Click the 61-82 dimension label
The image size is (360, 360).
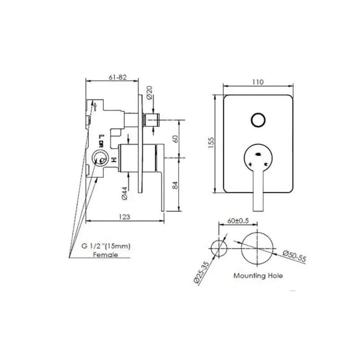pos(117,77)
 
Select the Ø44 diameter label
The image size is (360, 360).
pos(125,193)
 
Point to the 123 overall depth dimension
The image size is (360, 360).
pos(125,217)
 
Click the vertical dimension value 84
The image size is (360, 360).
pos(176,185)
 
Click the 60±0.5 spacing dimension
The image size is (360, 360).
pos(238,221)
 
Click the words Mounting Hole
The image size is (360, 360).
pos(258,276)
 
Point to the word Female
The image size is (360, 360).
pos(105,255)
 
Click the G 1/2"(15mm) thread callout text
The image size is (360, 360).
pos(106,246)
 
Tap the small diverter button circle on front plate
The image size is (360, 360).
pos(258,120)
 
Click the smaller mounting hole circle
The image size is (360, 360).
pos(219,248)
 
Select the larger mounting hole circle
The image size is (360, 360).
pos(258,248)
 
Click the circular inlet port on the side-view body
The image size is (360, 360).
pos(100,159)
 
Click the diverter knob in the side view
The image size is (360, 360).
pos(153,120)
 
